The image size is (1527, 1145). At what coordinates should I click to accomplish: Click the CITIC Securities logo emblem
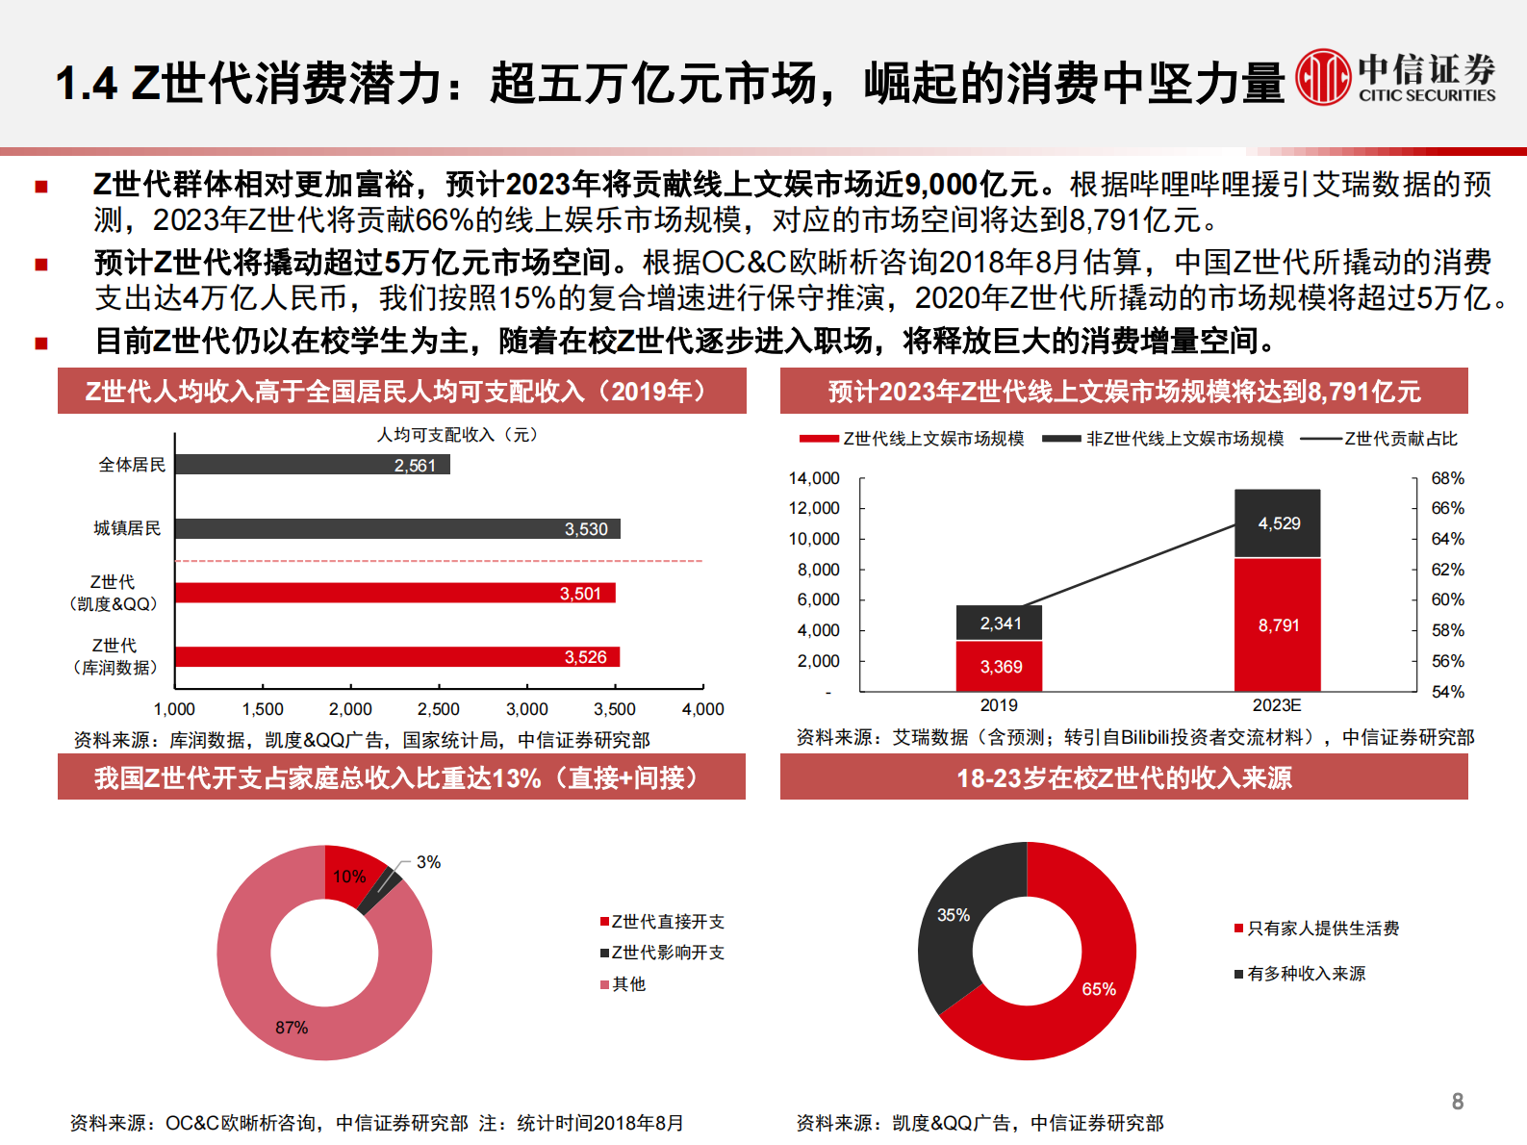[1323, 77]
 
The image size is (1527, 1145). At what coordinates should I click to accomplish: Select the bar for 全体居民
[312, 465]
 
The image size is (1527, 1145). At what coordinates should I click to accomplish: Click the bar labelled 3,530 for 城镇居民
[396, 528]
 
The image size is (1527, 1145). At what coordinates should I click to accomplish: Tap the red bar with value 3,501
[394, 593]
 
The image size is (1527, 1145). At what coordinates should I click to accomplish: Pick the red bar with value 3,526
[396, 657]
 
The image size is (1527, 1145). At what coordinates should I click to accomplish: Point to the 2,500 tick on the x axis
[439, 709]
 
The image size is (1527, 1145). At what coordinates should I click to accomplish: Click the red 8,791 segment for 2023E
[1278, 624]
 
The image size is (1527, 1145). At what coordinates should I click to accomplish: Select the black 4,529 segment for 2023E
[1278, 523]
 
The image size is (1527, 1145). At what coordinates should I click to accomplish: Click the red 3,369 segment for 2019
[1000, 666]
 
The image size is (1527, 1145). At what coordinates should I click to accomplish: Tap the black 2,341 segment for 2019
[1000, 623]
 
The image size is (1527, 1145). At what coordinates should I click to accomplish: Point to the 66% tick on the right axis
[1447, 508]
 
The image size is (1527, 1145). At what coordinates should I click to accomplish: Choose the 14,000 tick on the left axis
[814, 478]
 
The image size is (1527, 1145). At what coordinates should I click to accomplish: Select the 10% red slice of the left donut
[351, 875]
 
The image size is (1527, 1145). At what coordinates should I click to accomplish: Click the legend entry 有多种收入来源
[1306, 974]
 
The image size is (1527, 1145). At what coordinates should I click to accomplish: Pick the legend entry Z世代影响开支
[667, 953]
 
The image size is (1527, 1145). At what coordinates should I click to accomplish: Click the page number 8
[1458, 1102]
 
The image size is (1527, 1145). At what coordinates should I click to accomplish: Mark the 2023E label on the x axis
[1277, 705]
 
